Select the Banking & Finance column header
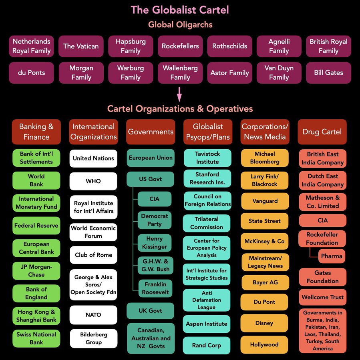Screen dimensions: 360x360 (36, 132)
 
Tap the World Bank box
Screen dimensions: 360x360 (36, 180)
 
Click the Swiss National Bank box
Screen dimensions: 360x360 (36, 338)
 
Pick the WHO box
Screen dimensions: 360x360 (93, 181)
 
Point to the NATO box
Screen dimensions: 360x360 (93, 315)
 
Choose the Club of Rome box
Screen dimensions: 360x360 (93, 255)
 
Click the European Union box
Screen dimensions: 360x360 (151, 158)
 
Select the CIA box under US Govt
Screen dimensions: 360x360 (154, 199)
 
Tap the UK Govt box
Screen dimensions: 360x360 (151, 311)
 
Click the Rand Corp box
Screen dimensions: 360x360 (207, 345)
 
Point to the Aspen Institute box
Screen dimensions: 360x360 (207, 324)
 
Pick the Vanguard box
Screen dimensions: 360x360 (265, 201)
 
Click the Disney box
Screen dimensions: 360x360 (264, 323)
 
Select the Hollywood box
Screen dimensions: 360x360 (264, 344)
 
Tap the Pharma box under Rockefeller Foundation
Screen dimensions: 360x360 (332, 256)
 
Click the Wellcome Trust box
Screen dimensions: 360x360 (322, 297)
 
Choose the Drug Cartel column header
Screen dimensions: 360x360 (322, 132)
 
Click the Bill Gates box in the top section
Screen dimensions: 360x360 (328, 73)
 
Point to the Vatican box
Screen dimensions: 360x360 (81, 46)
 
